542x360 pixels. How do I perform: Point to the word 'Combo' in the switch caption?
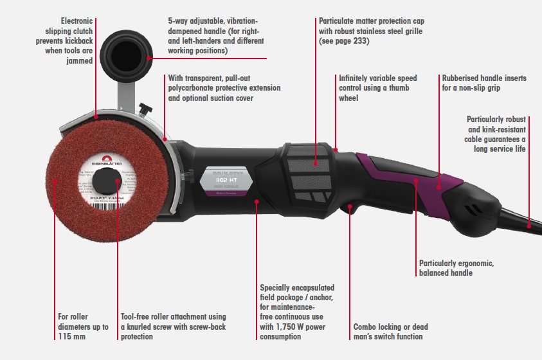(x=365, y=327)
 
